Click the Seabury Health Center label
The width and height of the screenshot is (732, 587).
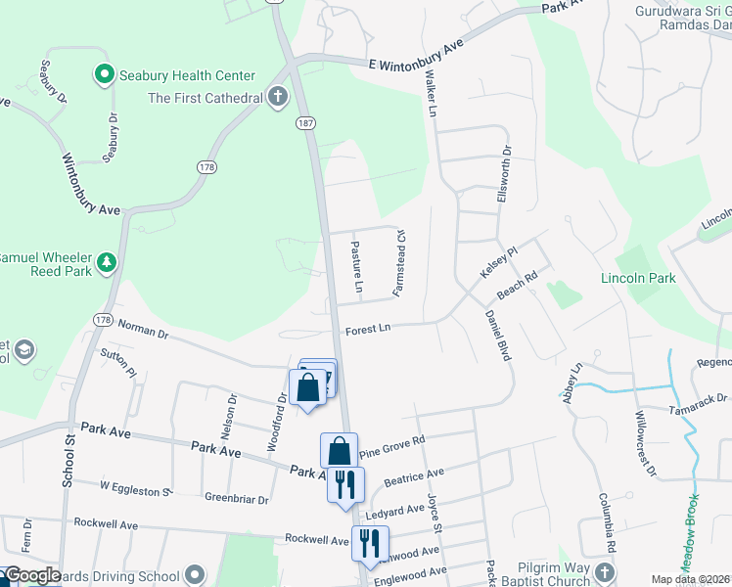(187, 75)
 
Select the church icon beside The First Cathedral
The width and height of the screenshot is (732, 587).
(279, 97)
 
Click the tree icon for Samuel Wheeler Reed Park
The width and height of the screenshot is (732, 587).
(107, 262)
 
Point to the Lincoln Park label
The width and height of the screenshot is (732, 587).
(638, 279)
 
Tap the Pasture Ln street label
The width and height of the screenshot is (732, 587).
(356, 268)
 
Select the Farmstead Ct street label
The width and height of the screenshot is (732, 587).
(398, 263)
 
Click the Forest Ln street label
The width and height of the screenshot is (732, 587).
(367, 330)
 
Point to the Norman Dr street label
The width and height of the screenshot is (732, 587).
(143, 332)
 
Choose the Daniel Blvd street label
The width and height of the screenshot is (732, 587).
(498, 336)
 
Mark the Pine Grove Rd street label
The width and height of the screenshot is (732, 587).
(391, 447)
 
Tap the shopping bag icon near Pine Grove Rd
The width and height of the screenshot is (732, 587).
(339, 451)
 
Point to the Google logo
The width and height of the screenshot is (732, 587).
(32, 575)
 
